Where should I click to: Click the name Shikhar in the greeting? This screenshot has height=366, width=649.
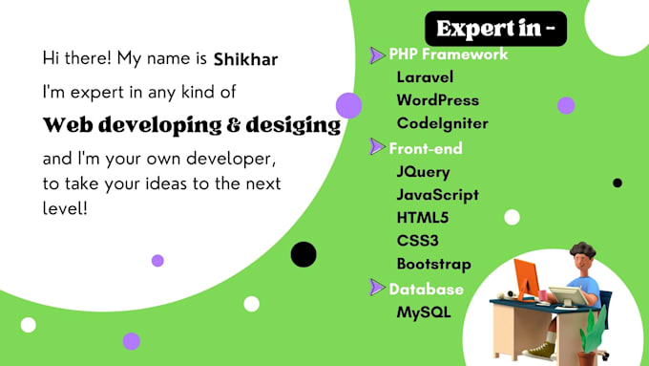tap(245, 59)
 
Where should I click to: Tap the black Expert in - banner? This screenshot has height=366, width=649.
tap(496, 29)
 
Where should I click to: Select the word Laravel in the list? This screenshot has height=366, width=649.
tap(425, 77)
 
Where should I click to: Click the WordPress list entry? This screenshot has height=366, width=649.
tap(438, 100)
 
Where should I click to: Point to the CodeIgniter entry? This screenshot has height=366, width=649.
tap(443, 123)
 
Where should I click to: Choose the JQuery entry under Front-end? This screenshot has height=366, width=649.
tap(423, 172)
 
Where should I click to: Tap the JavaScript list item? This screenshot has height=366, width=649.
tap(437, 195)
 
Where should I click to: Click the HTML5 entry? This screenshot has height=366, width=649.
tap(423, 218)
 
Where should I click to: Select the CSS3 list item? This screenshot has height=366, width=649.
tap(418, 241)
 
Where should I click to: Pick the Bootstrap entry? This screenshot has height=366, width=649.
tap(433, 265)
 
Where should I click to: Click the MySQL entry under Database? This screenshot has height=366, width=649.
tap(424, 312)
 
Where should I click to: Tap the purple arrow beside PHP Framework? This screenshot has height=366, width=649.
tap(377, 55)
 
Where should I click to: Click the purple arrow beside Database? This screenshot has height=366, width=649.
tap(377, 287)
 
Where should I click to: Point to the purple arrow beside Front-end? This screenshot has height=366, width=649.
tap(377, 146)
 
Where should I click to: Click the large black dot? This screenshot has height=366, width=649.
tap(304, 254)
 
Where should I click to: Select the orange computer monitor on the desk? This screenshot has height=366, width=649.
tap(526, 277)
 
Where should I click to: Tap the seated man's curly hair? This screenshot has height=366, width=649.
tap(582, 250)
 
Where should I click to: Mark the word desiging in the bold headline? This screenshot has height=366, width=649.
tap(293, 125)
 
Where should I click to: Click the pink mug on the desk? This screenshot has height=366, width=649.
tap(542, 296)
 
